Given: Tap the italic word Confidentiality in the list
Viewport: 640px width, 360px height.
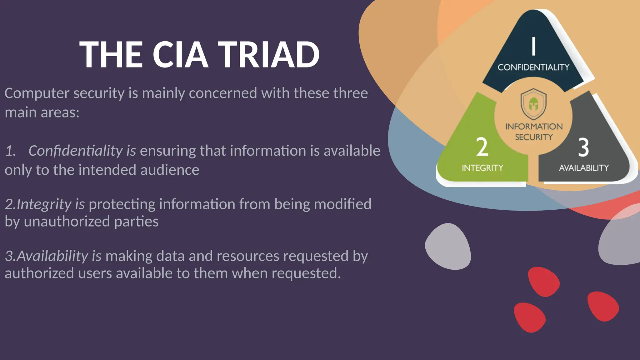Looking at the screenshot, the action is [75, 151].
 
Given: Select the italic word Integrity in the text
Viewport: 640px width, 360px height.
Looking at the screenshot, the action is [44, 204].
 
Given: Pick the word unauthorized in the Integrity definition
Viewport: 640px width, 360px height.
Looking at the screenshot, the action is [67, 222].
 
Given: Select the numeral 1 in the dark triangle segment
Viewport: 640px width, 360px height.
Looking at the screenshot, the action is [534, 46].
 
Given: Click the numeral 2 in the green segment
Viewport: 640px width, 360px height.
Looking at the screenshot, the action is [482, 147].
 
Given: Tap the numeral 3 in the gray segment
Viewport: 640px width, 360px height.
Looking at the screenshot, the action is [583, 147].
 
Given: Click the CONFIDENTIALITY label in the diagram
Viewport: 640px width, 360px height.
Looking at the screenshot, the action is [533, 67].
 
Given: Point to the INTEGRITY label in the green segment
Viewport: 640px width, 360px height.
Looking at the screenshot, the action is [482, 168].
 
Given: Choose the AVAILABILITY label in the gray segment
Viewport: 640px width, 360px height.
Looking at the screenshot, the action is [584, 168].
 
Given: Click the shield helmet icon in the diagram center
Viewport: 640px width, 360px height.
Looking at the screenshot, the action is [533, 104].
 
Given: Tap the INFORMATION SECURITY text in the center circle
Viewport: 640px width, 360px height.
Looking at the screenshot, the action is [534, 132].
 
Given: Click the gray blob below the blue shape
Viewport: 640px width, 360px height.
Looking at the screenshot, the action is [448, 246].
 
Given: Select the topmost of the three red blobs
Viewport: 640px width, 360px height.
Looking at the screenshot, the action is [544, 282].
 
